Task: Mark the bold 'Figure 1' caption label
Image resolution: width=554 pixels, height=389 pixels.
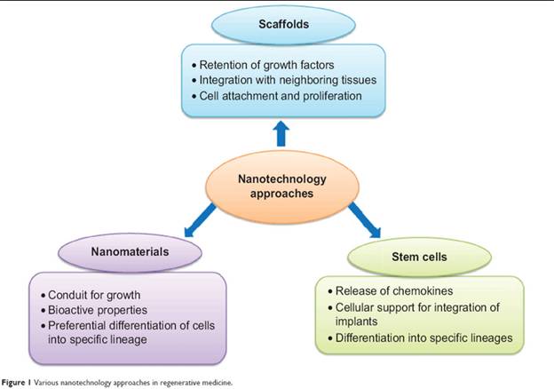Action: tap(13, 382)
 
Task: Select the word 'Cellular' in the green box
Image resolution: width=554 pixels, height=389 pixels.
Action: tap(356, 307)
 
